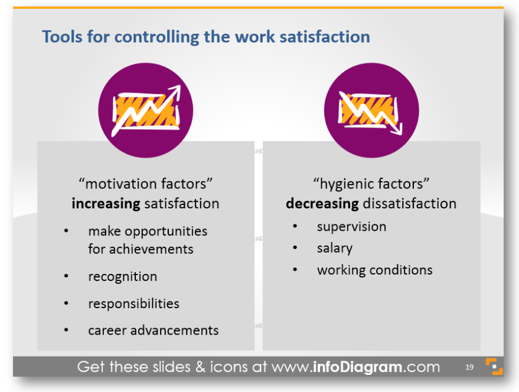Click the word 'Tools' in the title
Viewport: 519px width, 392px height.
click(62, 37)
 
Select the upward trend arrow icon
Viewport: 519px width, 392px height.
click(146, 110)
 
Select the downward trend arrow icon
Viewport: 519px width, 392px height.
click(370, 112)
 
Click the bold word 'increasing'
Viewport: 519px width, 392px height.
click(106, 204)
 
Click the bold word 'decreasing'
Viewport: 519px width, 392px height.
click(322, 204)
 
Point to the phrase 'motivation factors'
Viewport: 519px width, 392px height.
click(146, 184)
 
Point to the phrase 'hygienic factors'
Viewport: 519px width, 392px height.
click(371, 184)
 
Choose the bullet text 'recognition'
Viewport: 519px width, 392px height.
click(122, 277)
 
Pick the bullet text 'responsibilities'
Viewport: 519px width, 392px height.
click(133, 304)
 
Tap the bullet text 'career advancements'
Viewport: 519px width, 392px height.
click(154, 331)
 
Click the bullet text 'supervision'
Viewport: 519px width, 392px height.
click(351, 227)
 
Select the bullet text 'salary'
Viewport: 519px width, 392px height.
click(335, 249)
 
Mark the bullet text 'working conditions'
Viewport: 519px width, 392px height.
click(375, 270)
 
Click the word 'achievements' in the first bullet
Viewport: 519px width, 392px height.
click(151, 249)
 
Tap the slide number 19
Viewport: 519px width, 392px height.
click(469, 367)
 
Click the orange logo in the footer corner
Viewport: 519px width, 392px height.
click(494, 367)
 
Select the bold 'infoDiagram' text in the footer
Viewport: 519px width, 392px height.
click(357, 367)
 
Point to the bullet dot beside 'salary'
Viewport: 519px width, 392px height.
click(295, 247)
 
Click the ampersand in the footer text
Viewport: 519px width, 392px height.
click(201, 367)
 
